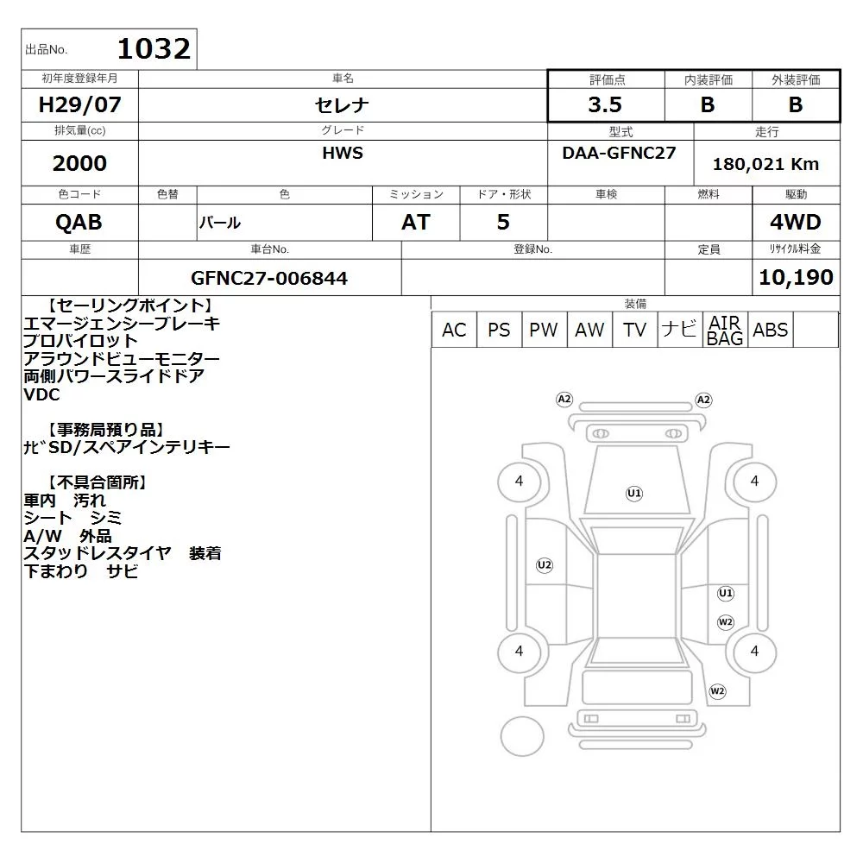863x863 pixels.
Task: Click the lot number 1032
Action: tap(154, 49)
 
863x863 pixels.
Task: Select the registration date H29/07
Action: tap(79, 104)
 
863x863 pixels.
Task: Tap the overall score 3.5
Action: tap(605, 104)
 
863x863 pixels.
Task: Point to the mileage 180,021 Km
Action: tap(765, 164)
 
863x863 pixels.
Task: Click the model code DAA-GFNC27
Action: tap(619, 153)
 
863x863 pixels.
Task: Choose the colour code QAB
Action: tap(79, 223)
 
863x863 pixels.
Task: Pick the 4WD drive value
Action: tap(796, 223)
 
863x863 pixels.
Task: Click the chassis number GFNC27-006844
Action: tap(269, 279)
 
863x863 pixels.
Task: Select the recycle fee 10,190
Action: tap(796, 277)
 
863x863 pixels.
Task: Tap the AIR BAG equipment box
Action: tap(725, 330)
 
